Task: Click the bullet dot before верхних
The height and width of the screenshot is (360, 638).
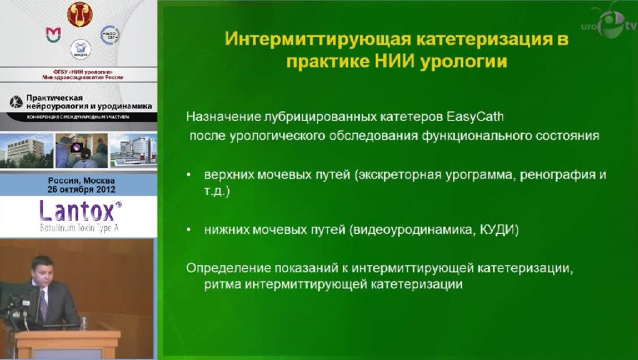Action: point(188,174)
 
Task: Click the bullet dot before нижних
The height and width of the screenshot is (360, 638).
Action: point(188,230)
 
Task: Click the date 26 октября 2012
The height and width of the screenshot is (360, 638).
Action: point(77,189)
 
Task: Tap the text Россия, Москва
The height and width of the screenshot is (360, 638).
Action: point(77,180)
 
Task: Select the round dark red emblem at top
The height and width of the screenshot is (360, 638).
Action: point(80,13)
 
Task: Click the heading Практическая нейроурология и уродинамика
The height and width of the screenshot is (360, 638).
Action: point(85,103)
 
